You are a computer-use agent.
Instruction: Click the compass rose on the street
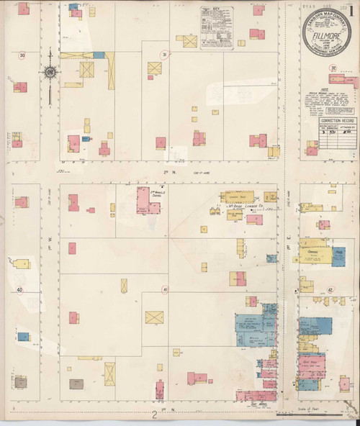[x=50, y=72]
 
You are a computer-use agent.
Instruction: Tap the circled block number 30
[x=22, y=55]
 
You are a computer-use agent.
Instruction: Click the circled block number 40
[x=21, y=290]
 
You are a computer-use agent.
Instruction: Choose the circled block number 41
[x=165, y=289]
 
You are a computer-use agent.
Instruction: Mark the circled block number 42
[x=330, y=289]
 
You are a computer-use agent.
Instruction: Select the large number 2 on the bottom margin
[x=155, y=415]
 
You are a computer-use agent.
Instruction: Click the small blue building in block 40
[x=23, y=336]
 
